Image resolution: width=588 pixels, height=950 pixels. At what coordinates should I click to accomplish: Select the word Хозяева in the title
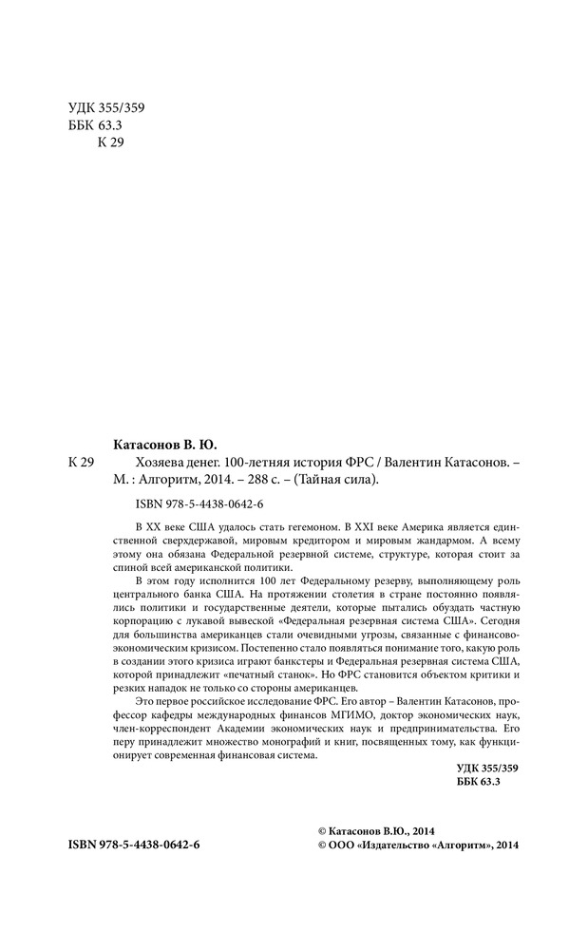click(142, 462)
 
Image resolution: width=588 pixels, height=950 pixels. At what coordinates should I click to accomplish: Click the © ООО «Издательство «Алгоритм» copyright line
click(417, 845)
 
